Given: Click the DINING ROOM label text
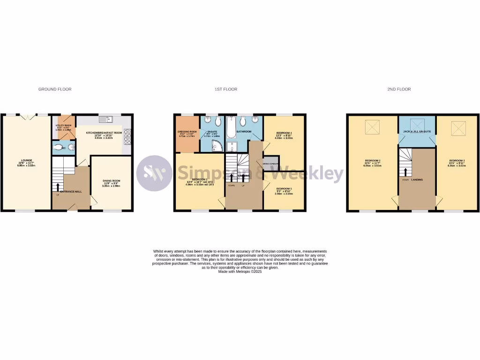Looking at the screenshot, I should [112, 181].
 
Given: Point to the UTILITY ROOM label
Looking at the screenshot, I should [63, 126].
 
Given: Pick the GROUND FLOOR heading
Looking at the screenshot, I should [55, 89].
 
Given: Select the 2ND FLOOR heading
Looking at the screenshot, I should [399, 89].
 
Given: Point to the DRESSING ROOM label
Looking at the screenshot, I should [187, 132].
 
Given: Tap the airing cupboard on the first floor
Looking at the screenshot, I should [271, 163].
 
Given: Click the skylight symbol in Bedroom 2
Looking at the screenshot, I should [373, 127].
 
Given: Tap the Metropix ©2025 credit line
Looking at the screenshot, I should [240, 271].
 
